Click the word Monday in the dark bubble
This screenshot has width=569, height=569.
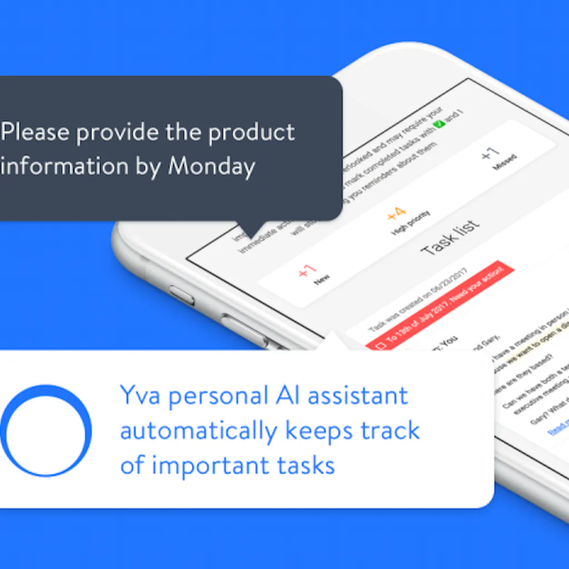pos(212,166)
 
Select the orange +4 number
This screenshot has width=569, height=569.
pos(396,213)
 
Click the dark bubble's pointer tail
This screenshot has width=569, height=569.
pos(249,228)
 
